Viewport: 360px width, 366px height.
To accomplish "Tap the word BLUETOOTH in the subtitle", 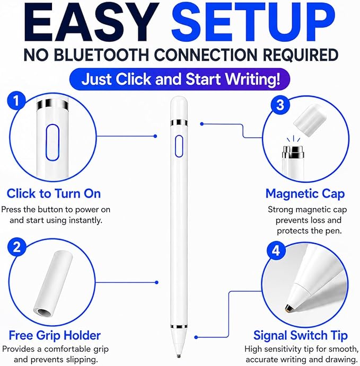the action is (101, 55).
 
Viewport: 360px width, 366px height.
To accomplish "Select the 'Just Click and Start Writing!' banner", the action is (180, 79).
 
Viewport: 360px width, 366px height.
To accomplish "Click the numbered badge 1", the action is (16, 101).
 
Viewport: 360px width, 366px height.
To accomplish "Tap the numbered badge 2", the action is (16, 247).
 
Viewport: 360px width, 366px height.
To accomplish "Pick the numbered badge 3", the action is (280, 105).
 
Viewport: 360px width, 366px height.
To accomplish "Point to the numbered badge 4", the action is (276, 251).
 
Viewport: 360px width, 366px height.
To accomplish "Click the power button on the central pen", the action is (179, 146).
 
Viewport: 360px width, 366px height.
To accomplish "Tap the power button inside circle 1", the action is (52, 142).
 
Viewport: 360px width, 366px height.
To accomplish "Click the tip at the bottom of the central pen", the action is (179, 356).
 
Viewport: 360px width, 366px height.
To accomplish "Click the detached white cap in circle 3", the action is (308, 120).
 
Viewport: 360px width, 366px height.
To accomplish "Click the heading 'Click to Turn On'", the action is (54, 194).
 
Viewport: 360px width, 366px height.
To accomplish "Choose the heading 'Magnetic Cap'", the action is (305, 194).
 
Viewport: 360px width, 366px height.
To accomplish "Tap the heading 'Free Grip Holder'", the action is (55, 336).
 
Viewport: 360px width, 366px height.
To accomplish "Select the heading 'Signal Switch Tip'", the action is (301, 336).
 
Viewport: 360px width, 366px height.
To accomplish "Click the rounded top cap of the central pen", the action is (179, 108).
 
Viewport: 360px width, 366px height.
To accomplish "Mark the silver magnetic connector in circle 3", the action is (293, 151).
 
